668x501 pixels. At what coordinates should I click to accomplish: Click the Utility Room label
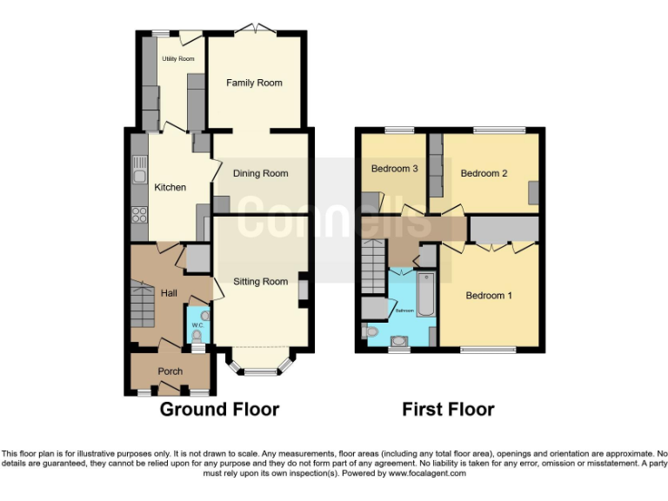(177, 59)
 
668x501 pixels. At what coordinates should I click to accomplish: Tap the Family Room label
(254, 83)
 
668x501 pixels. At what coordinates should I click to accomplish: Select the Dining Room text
(261, 173)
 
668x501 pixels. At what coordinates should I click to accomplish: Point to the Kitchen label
(170, 187)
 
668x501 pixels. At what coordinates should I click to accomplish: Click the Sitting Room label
(260, 282)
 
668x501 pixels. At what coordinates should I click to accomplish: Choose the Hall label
(169, 293)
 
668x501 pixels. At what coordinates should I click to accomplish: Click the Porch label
(170, 371)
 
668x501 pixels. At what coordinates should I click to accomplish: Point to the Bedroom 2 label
(484, 173)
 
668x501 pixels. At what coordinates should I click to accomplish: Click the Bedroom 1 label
(488, 296)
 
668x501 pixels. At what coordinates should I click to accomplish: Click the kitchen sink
(139, 177)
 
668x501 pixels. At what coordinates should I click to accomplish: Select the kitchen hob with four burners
(139, 214)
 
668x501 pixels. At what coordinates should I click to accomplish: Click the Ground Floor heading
(219, 409)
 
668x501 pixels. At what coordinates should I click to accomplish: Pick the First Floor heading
(448, 409)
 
